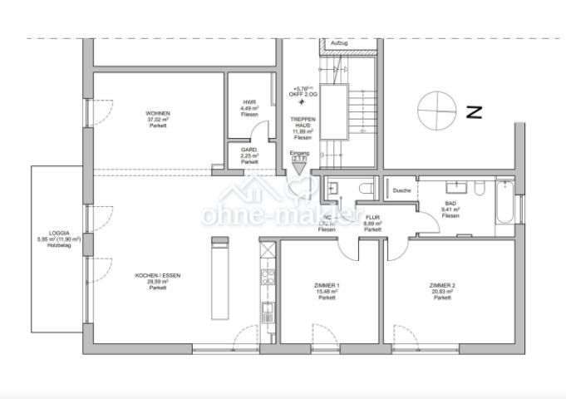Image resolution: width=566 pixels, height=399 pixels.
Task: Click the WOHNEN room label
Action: coord(158,113)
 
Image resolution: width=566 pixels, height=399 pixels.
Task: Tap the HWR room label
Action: coord(249,102)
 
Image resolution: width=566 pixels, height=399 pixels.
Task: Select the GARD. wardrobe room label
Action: coord(249,150)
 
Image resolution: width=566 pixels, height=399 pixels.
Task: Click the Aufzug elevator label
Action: coord(339,42)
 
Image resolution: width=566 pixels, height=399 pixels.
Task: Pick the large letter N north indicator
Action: coord(475,111)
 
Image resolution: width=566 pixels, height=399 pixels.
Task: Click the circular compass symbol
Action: coord(436,111)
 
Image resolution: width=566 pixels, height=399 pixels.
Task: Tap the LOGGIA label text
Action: coord(59,233)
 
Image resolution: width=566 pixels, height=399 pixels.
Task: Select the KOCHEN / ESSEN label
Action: coord(158,275)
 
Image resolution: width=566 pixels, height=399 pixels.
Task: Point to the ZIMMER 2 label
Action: coord(442,285)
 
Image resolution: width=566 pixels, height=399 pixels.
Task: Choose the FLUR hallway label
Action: coord(372,218)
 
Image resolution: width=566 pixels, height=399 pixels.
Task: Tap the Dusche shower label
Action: coord(402,190)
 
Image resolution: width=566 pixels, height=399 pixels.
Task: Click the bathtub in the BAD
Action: coord(504,203)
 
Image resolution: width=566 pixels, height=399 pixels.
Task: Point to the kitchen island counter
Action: coord(220,279)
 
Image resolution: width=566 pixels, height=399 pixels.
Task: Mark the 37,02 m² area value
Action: coord(158,120)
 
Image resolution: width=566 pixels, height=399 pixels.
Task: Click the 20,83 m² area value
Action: coord(442,292)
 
